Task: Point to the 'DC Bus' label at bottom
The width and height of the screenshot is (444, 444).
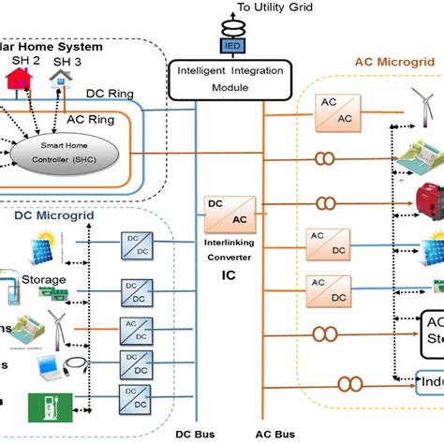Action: (198, 435)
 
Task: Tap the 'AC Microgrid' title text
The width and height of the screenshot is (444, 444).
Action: (392, 62)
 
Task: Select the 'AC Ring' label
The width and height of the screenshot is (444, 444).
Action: (91, 120)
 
